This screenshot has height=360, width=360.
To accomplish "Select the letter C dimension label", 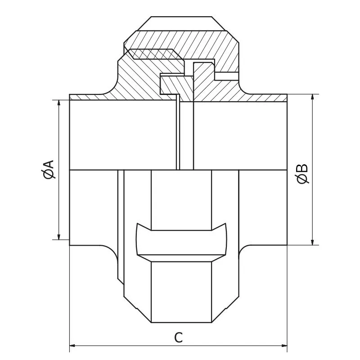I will [x=179, y=337].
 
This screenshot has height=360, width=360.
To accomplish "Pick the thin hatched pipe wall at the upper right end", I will [x=270, y=97].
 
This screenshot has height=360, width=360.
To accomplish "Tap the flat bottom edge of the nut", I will [x=181, y=322].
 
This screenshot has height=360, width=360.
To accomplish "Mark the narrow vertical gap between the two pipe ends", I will [x=186, y=135].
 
